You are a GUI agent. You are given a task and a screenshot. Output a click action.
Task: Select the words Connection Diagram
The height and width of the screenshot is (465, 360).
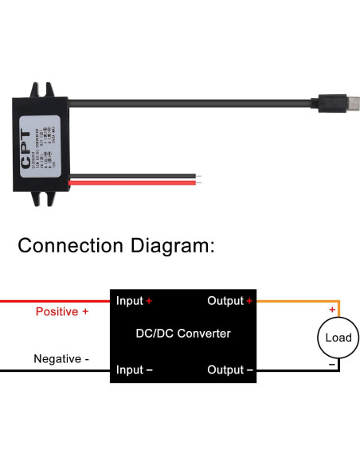point(116,245)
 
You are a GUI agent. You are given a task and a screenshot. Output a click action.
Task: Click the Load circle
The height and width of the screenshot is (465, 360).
point(338,338)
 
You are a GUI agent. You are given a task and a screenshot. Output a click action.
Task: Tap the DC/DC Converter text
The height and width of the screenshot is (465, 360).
point(184,334)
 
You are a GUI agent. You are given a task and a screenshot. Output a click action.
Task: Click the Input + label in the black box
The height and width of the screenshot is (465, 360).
point(134,301)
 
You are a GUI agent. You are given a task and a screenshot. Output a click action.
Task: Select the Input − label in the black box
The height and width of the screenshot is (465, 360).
point(134,369)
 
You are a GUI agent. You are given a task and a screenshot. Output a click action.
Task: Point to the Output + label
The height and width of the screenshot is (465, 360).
point(230,301)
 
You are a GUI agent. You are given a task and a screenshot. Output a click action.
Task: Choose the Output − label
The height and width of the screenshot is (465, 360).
point(230,369)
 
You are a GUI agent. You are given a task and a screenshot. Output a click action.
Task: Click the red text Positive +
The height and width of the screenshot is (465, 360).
point(62,312)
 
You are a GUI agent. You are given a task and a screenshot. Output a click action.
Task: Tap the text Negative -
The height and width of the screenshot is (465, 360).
point(61,359)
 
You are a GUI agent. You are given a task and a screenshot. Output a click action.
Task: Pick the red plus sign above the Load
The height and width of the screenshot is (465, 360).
point(332,309)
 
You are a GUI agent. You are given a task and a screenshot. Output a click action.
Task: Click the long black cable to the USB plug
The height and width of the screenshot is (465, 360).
point(199,102)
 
